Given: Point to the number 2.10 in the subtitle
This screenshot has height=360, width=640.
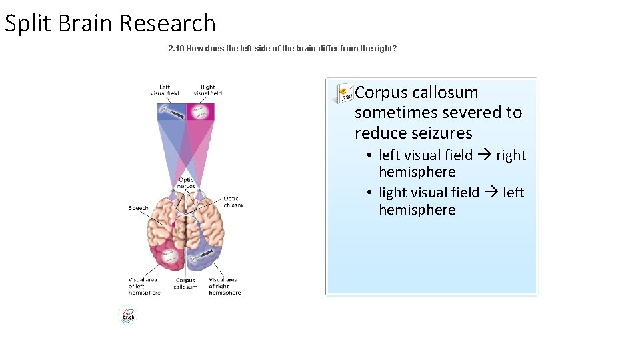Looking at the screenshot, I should pyautogui.click(x=176, y=49).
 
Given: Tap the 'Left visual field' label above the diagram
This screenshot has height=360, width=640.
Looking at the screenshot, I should pyautogui.click(x=165, y=90).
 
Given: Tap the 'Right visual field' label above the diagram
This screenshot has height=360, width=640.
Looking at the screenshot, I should pyautogui.click(x=207, y=90).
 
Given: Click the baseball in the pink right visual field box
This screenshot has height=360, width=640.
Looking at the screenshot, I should pyautogui.click(x=200, y=111).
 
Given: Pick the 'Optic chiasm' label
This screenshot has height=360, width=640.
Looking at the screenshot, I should pyautogui.click(x=232, y=201).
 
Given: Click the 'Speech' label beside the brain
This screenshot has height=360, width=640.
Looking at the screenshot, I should pyautogui.click(x=138, y=209).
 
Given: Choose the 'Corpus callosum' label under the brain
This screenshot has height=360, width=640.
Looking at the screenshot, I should pyautogui.click(x=185, y=283).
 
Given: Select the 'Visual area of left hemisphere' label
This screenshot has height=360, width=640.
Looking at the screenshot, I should pyautogui.click(x=145, y=286).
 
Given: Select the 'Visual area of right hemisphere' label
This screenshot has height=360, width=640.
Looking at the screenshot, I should pyautogui.click(x=224, y=286).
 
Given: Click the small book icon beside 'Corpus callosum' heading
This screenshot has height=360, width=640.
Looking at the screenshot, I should pyautogui.click(x=344, y=93).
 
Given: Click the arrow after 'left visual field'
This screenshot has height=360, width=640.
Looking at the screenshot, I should pyautogui.click(x=485, y=155).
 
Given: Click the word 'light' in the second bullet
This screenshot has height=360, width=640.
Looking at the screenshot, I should pyautogui.click(x=393, y=193).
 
